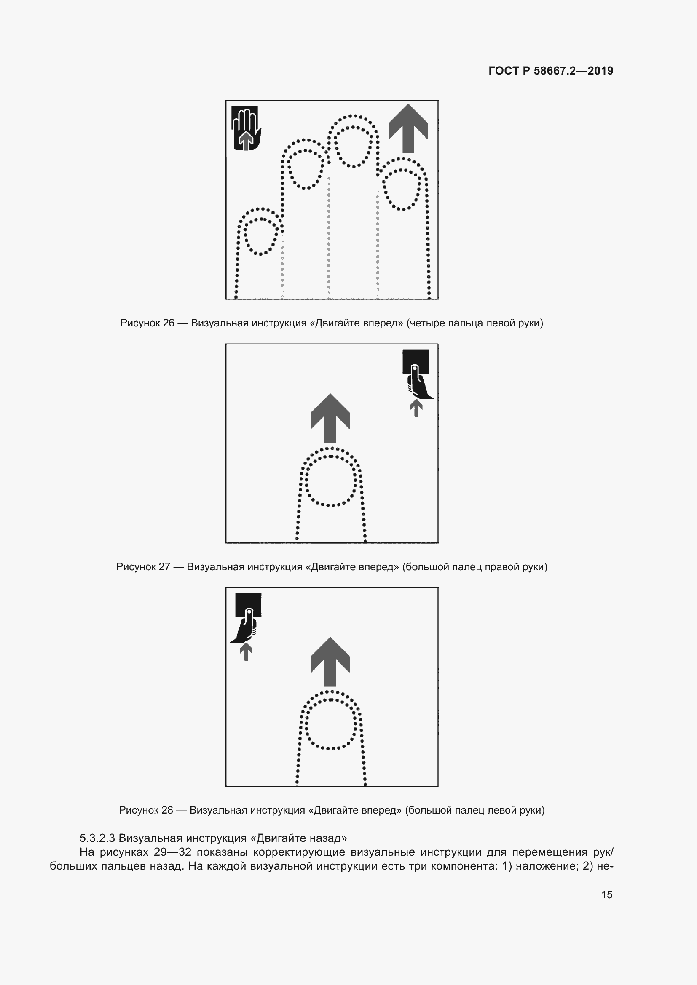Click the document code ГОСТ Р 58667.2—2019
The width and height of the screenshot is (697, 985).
click(x=551, y=71)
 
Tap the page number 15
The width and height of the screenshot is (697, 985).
click(x=607, y=894)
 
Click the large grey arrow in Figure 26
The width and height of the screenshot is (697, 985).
click(x=408, y=128)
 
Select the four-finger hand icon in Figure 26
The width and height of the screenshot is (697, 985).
click(x=247, y=128)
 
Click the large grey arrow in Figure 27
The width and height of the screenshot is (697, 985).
click(x=330, y=418)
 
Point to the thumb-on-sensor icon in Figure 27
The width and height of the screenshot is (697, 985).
click(x=417, y=374)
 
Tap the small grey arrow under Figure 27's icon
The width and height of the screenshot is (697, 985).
click(x=416, y=408)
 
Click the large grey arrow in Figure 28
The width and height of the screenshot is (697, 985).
click(x=330, y=662)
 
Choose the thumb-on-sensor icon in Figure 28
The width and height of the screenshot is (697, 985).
click(x=247, y=618)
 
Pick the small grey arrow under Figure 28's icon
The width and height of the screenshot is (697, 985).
click(x=246, y=652)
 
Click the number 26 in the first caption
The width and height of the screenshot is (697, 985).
click(x=169, y=323)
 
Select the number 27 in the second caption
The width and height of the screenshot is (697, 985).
click(x=164, y=567)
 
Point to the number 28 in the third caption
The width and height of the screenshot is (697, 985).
click(x=167, y=810)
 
